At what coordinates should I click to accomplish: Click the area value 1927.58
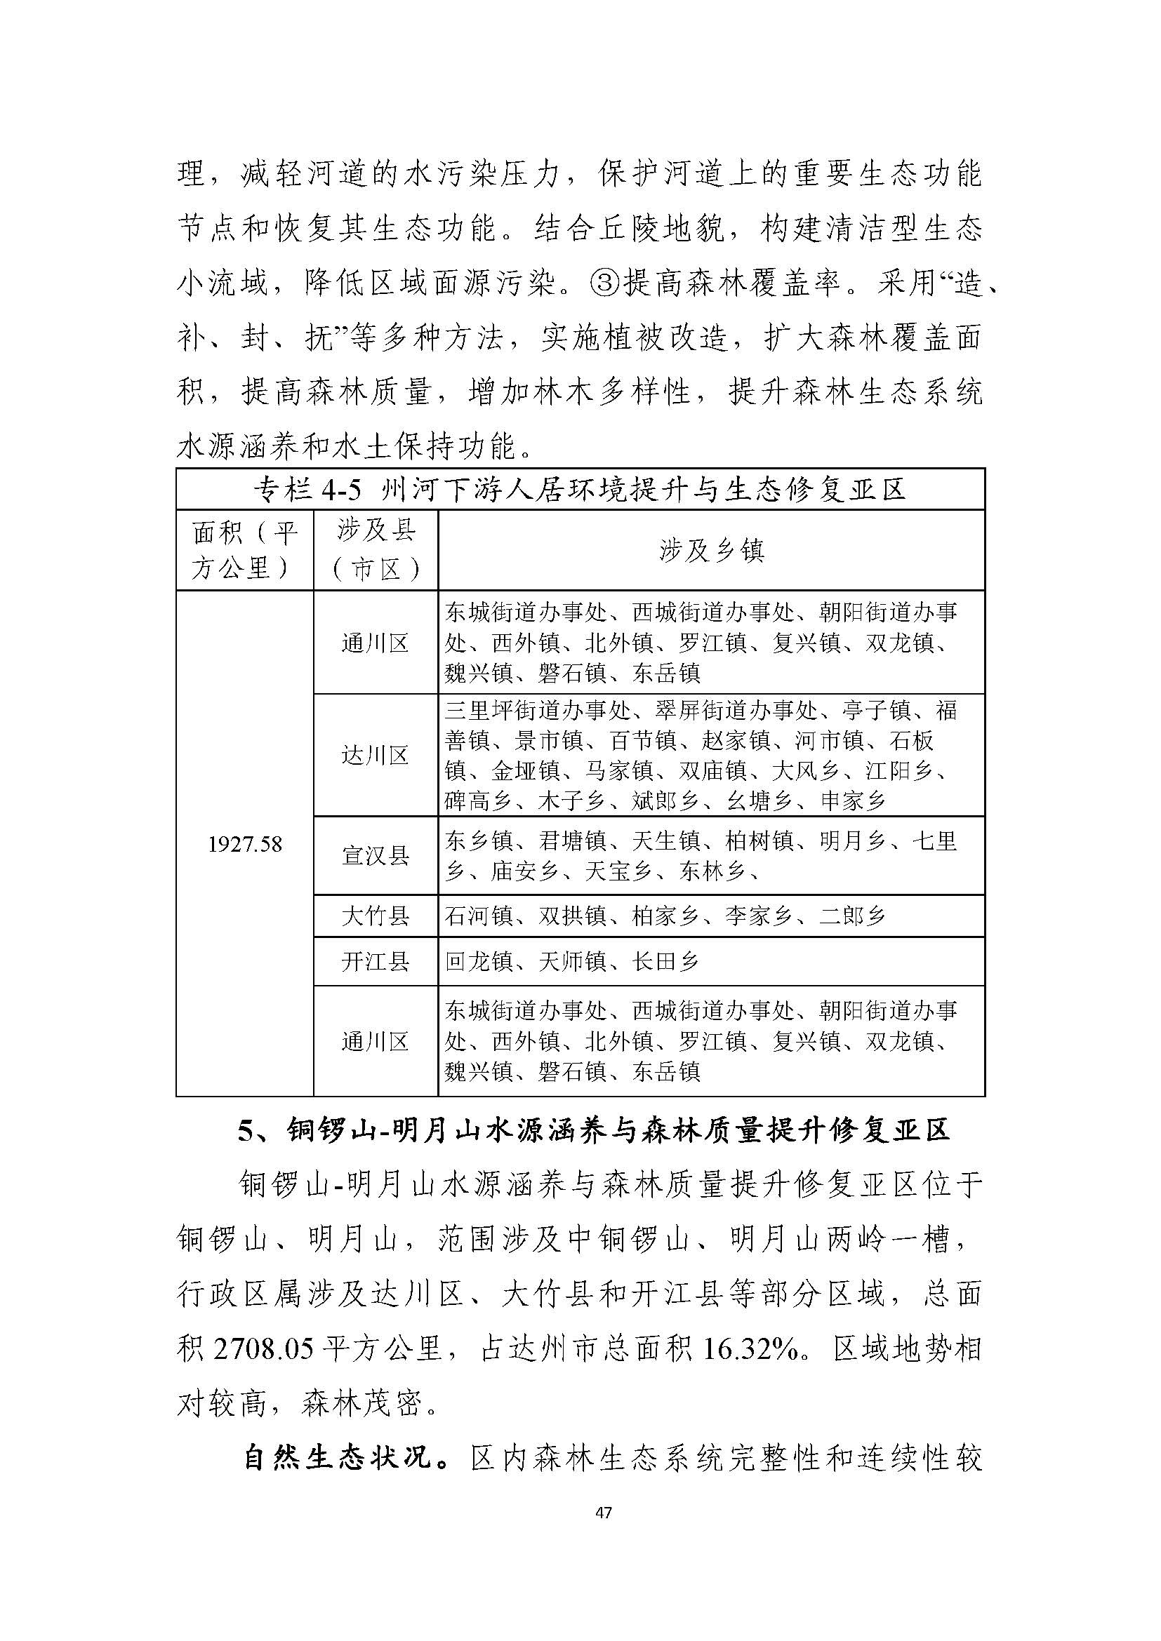[244, 845]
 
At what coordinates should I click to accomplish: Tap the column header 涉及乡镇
[711, 550]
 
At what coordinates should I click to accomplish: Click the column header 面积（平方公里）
[244, 550]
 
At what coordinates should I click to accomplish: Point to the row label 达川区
[376, 755]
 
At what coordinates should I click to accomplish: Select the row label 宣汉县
[376, 855]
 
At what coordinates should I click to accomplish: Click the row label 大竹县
[376, 916]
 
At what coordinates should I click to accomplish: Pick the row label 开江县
[376, 961]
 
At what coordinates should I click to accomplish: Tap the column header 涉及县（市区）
[376, 550]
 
